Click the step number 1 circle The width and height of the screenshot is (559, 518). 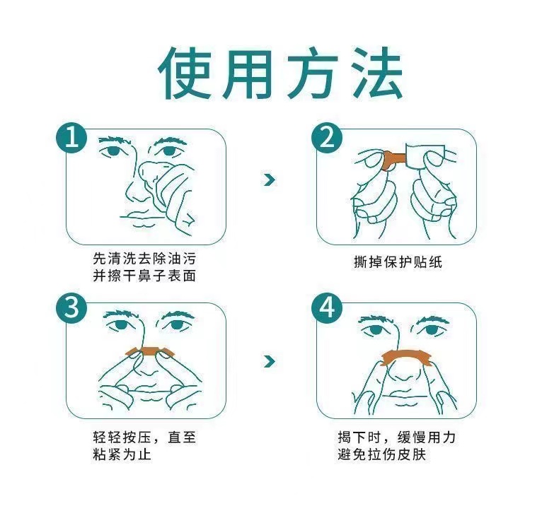tap(71, 138)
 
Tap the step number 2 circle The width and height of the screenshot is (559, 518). tap(327, 138)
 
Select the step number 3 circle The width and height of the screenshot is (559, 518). tap(71, 307)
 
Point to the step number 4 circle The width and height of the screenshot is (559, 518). tap(327, 307)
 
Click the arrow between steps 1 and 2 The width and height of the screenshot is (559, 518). tap(270, 179)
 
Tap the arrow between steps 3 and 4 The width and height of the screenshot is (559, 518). tap(270, 361)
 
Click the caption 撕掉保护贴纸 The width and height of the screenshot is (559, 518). tap(398, 262)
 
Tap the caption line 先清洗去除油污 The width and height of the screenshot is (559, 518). tap(144, 259)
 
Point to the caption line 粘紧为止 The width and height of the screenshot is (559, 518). tap(122, 454)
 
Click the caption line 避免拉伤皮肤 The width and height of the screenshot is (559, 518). tap(382, 454)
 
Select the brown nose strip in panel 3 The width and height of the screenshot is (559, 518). tap(150, 351)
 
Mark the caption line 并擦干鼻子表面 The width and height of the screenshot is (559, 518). tap(144, 276)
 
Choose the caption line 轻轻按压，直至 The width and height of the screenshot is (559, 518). tap(144, 437)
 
